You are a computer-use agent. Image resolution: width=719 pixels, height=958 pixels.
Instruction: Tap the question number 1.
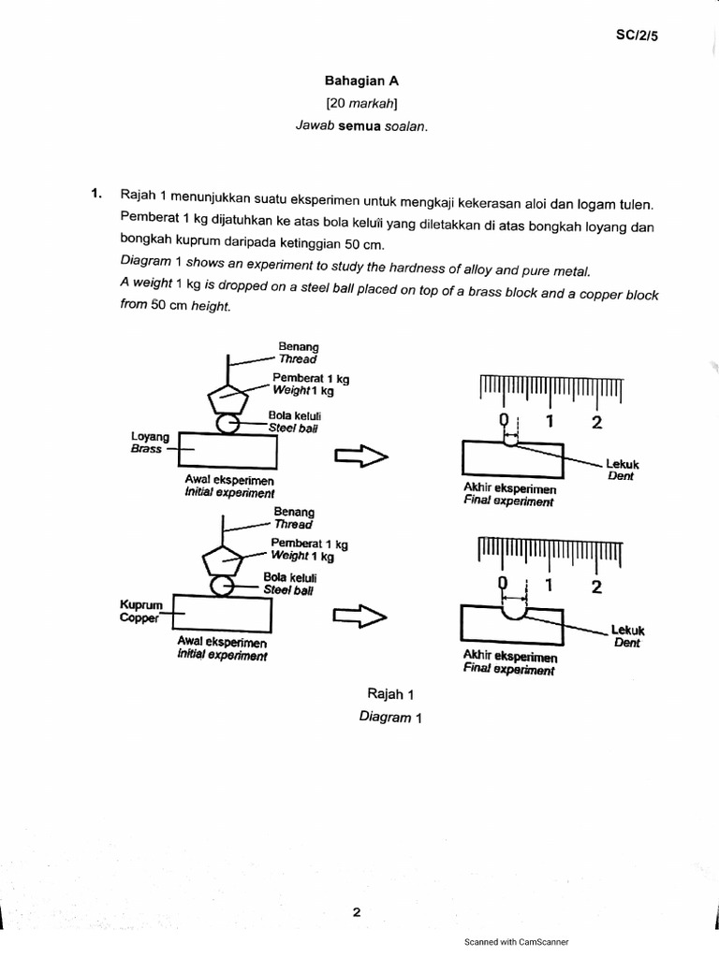tap(95, 194)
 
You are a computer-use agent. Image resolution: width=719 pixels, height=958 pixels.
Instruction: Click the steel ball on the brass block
tap(227, 424)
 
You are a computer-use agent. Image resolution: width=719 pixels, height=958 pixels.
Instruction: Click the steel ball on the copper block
tap(223, 587)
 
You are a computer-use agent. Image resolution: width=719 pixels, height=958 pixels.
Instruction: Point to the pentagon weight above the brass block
tap(228, 398)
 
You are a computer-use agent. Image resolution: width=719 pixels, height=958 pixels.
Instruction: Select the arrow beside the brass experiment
tap(360, 456)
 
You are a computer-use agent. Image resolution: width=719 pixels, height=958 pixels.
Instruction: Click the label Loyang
tap(150, 437)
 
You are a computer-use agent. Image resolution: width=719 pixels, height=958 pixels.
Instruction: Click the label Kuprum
tap(140, 605)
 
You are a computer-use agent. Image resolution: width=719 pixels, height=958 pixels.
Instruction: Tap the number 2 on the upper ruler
tap(596, 421)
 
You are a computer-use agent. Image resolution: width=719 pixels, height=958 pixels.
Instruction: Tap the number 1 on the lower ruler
tap(550, 586)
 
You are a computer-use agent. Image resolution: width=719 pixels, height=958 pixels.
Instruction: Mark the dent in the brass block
tap(508, 443)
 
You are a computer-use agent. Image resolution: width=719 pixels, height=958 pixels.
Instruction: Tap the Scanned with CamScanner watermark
tap(516, 942)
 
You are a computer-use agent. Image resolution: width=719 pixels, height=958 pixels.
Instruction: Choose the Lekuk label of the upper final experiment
tap(622, 463)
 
